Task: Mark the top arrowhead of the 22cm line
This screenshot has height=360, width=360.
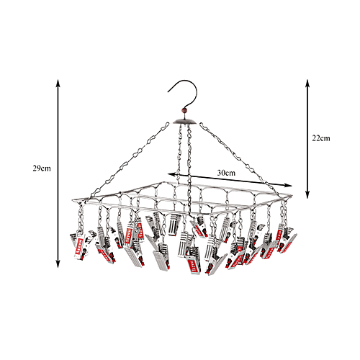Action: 307,81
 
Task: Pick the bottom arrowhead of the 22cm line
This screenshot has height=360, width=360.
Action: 307,195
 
